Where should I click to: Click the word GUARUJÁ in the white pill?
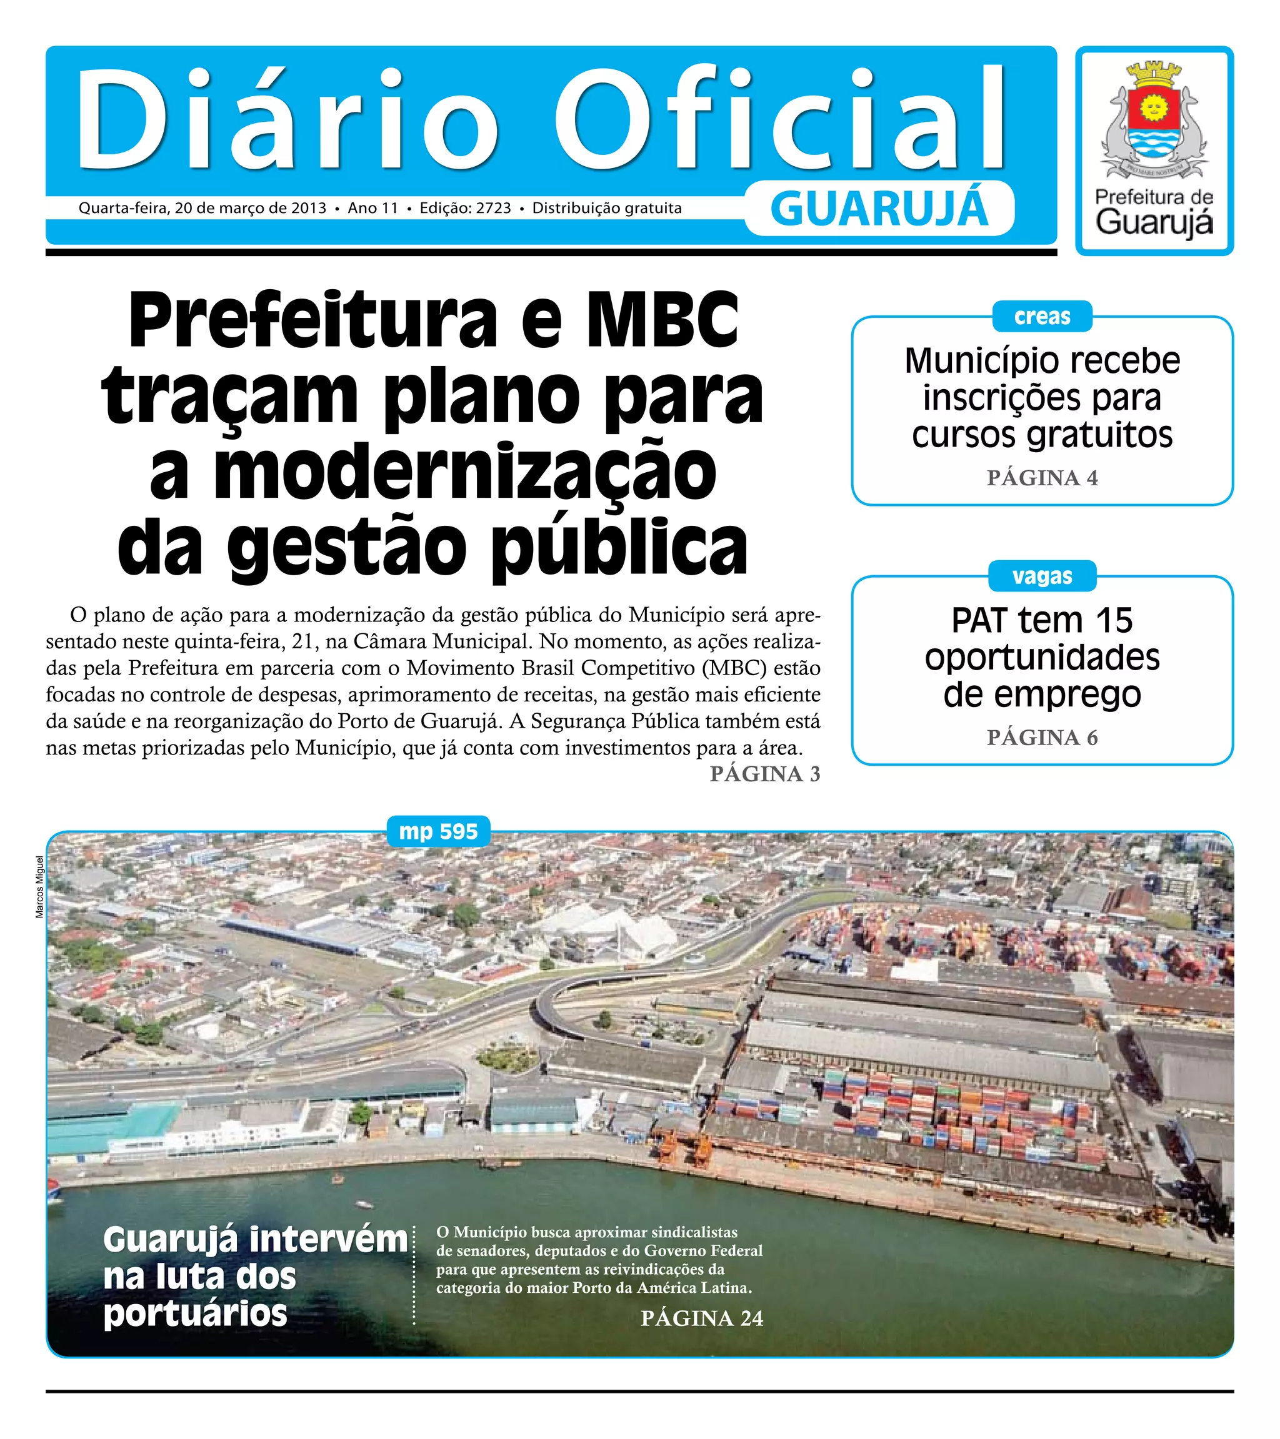pyautogui.click(x=879, y=209)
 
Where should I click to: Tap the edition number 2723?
pyautogui.click(x=493, y=209)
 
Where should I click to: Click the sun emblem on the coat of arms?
pyautogui.click(x=1153, y=107)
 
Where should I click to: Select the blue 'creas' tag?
pyautogui.click(x=1041, y=317)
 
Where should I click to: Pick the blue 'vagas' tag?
pyautogui.click(x=1041, y=576)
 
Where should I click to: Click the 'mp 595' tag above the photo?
pyautogui.click(x=438, y=831)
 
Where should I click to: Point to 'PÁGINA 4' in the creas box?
pyautogui.click(x=1042, y=478)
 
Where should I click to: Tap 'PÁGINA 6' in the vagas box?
pyautogui.click(x=1042, y=738)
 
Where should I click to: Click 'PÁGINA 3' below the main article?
pyautogui.click(x=764, y=774)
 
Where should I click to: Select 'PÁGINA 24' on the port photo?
pyautogui.click(x=702, y=1318)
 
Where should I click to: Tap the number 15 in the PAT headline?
pyautogui.click(x=1113, y=621)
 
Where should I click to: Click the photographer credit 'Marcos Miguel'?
pyautogui.click(x=39, y=886)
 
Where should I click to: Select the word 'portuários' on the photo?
pyautogui.click(x=195, y=1313)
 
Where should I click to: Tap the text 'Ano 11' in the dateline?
pyautogui.click(x=372, y=209)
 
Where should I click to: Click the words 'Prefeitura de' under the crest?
pyautogui.click(x=1154, y=197)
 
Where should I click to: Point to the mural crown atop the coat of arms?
pyautogui.click(x=1153, y=71)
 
